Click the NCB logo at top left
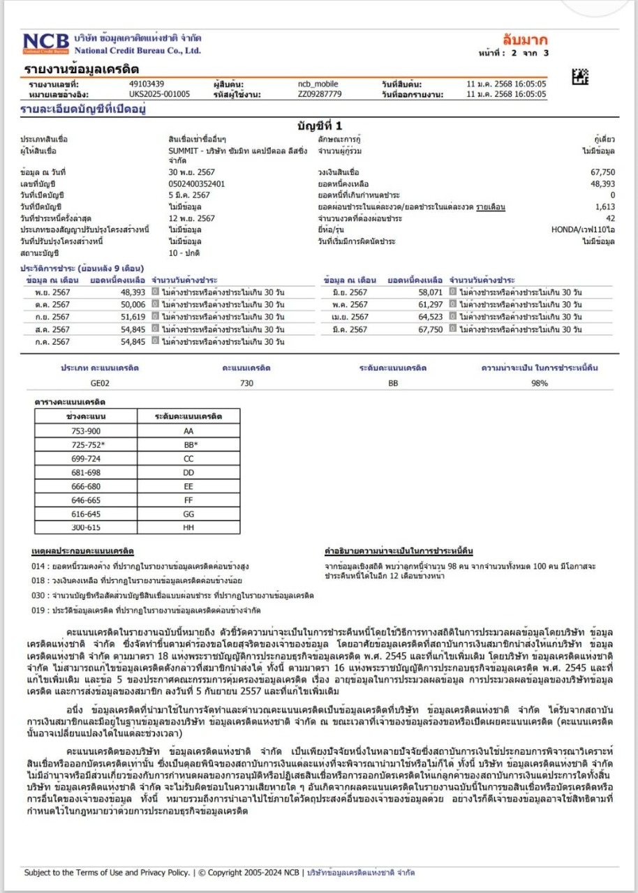tap(45, 43)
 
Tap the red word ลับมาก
tap(525, 40)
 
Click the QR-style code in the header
tap(579, 76)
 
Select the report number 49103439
tap(147, 84)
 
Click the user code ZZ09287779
tap(320, 93)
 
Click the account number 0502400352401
tap(192, 183)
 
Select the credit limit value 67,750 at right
tap(602, 172)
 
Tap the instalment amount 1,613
tap(605, 207)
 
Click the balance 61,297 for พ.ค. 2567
tap(428, 305)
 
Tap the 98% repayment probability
tap(539, 382)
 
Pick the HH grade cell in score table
tap(188, 527)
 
